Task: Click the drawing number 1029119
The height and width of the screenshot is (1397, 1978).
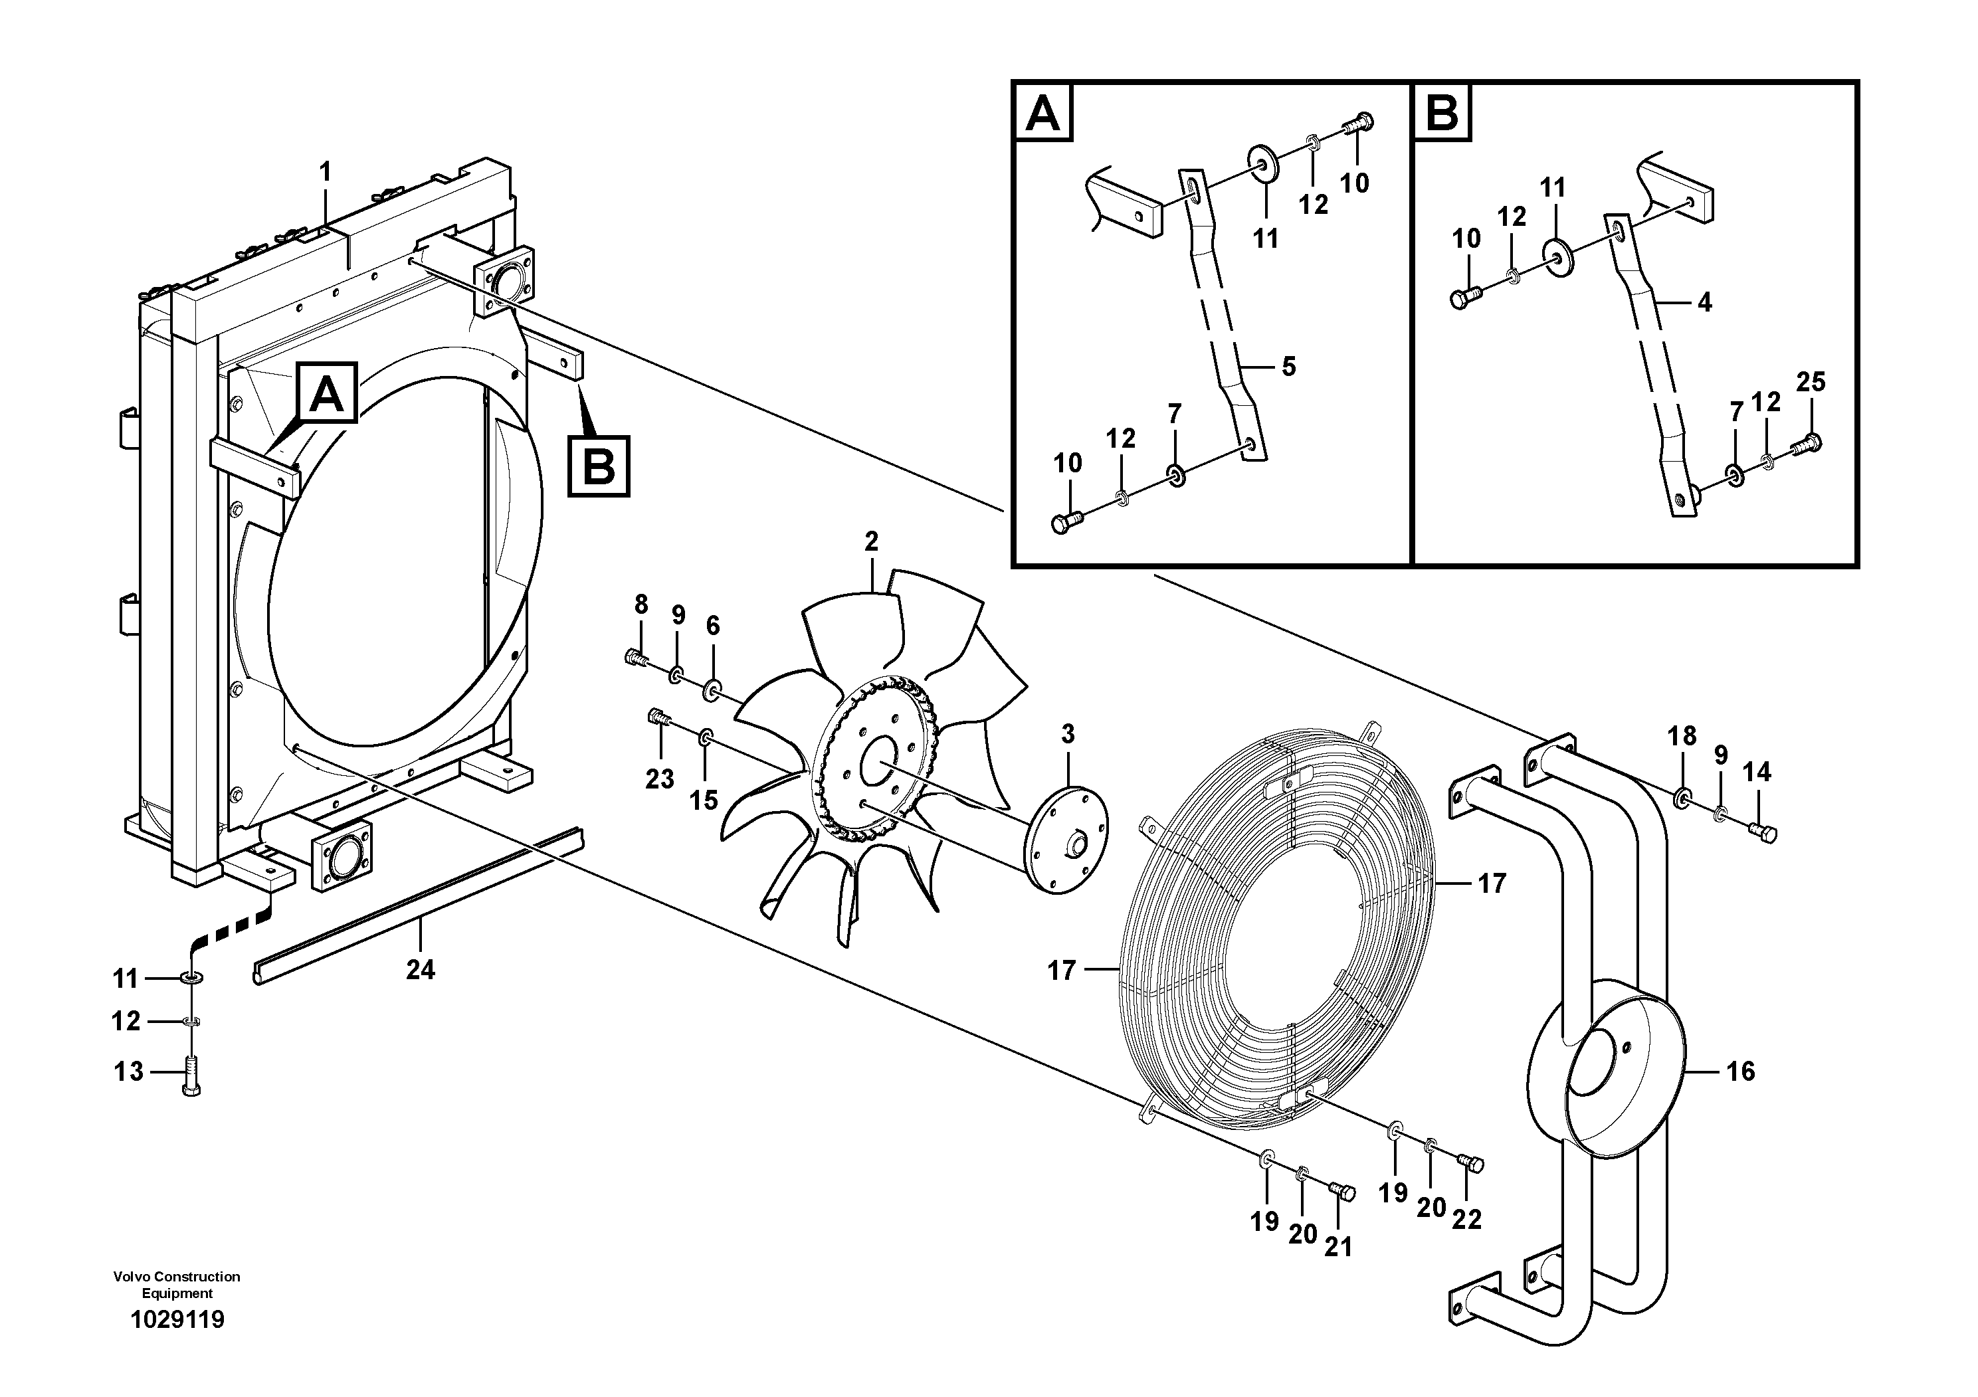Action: [x=177, y=1319]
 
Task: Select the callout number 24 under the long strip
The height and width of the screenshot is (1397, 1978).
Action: [x=421, y=970]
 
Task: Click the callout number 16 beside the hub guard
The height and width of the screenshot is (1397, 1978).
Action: [x=1740, y=1071]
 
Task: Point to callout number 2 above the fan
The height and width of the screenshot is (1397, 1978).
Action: [x=871, y=542]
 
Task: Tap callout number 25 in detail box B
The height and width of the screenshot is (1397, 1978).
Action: [x=1811, y=381]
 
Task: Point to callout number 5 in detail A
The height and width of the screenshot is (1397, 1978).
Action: [x=1288, y=367]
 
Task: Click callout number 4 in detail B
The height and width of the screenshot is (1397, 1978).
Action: [x=1704, y=302]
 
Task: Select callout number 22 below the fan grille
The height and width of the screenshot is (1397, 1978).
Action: [x=1466, y=1219]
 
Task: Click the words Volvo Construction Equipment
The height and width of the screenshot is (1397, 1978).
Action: [x=177, y=1284]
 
